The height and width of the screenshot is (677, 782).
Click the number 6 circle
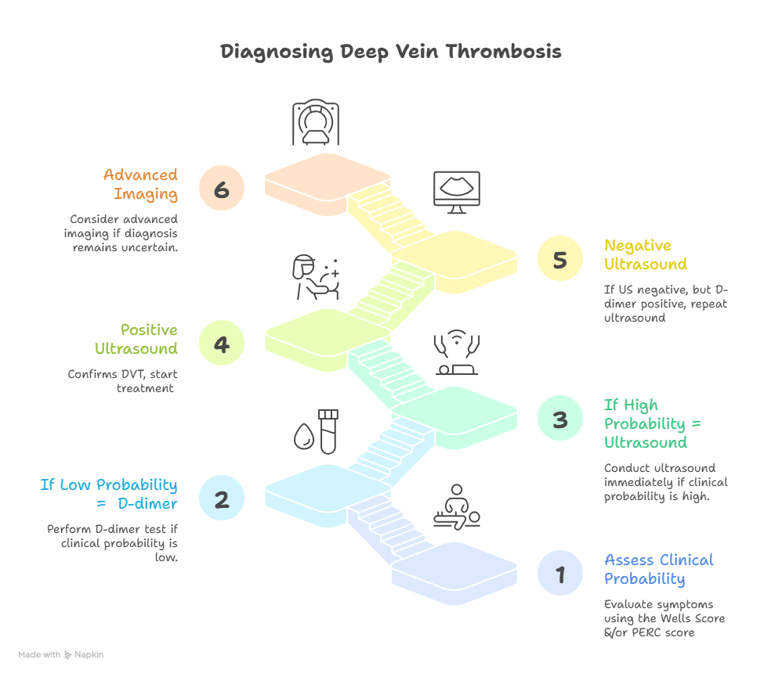tap(222, 188)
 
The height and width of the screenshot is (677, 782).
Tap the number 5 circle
tap(560, 258)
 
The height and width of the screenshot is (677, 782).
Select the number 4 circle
tap(222, 343)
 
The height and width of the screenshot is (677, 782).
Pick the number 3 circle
tap(560, 419)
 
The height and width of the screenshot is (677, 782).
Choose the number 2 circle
tap(222, 498)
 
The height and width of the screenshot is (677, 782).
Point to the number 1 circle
tap(560, 573)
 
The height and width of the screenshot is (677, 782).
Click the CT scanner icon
tap(316, 122)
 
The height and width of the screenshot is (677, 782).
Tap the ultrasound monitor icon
tap(457, 193)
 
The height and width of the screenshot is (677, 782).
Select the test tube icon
tap(328, 431)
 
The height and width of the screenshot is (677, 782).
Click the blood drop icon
tap(304, 437)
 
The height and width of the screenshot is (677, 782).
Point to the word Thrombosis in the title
tap(503, 52)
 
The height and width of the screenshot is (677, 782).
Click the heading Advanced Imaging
tap(140, 185)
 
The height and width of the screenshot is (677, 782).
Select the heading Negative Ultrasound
tap(646, 254)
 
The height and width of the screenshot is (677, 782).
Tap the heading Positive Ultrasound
tap(136, 339)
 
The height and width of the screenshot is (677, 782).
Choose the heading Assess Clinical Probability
tap(659, 570)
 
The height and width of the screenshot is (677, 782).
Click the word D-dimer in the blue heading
tap(147, 503)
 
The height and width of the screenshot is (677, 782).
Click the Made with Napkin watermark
tap(61, 654)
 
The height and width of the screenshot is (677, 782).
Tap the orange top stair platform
tap(328, 183)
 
